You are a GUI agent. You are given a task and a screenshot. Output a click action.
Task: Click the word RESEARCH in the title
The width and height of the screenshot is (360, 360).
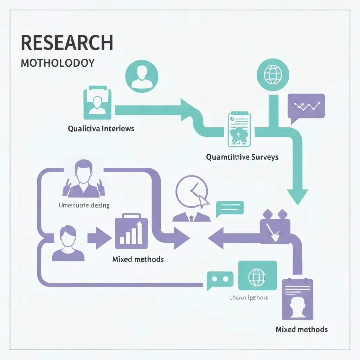67,43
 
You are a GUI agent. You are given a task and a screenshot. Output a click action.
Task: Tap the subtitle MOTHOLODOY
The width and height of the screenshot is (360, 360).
58,63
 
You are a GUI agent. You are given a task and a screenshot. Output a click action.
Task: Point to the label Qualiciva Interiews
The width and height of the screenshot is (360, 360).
101,129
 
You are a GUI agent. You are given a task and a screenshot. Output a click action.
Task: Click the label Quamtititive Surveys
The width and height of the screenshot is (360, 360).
242,157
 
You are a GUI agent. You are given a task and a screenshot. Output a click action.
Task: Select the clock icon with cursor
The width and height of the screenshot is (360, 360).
191,192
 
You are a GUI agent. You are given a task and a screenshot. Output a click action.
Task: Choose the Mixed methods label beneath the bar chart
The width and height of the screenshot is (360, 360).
138,259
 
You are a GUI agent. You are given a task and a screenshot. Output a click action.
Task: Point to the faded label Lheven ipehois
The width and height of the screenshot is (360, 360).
248,297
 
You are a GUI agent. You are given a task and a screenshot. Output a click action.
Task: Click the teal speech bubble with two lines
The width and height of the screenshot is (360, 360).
230,207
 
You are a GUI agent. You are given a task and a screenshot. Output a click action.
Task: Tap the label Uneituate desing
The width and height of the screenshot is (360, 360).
84,205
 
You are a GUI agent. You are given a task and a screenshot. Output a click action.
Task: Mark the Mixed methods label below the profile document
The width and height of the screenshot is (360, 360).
302,329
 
